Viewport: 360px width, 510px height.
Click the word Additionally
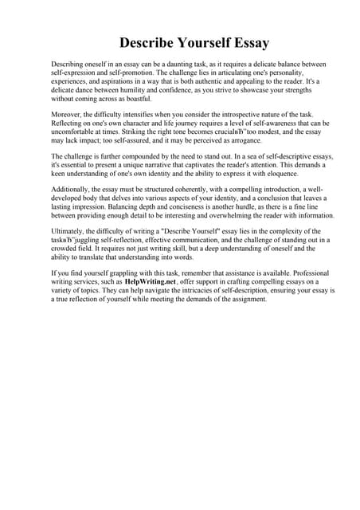72,198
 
